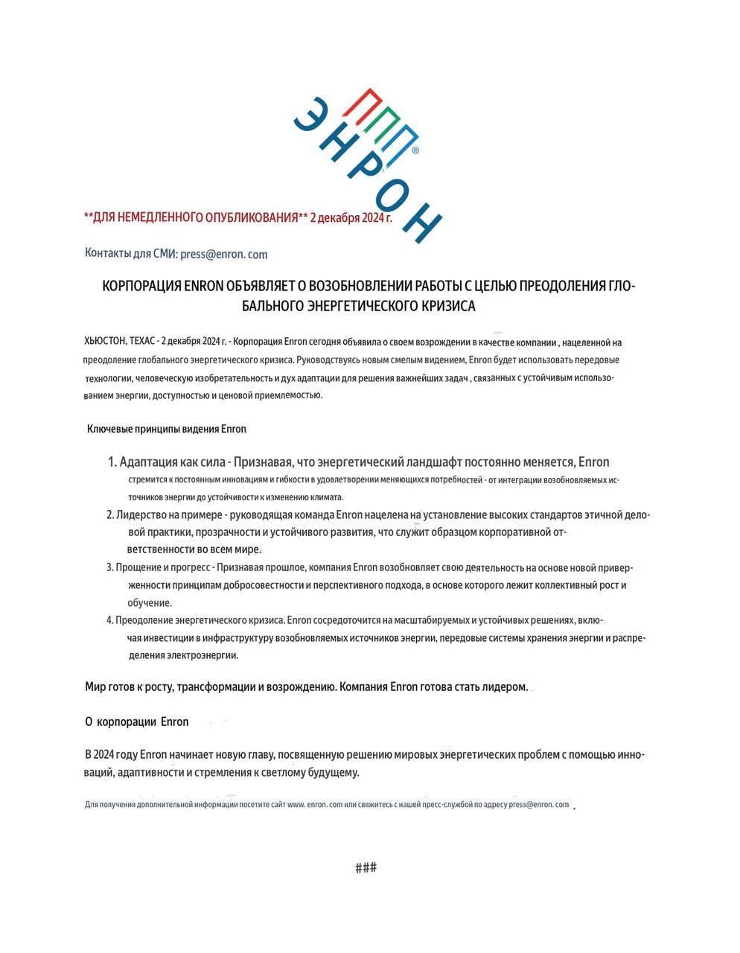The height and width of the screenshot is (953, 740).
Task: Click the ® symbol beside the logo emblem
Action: point(415,150)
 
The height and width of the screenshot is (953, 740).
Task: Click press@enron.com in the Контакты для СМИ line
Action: point(223,255)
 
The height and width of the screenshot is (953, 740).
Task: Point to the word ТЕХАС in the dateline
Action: point(141,342)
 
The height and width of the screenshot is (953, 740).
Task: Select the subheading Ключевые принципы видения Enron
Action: point(167,429)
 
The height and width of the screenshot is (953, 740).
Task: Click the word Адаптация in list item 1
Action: point(149,462)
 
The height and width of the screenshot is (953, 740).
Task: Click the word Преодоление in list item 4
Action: point(143,620)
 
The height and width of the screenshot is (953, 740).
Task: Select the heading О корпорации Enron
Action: point(137,721)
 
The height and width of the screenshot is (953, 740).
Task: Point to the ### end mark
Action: point(366,868)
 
